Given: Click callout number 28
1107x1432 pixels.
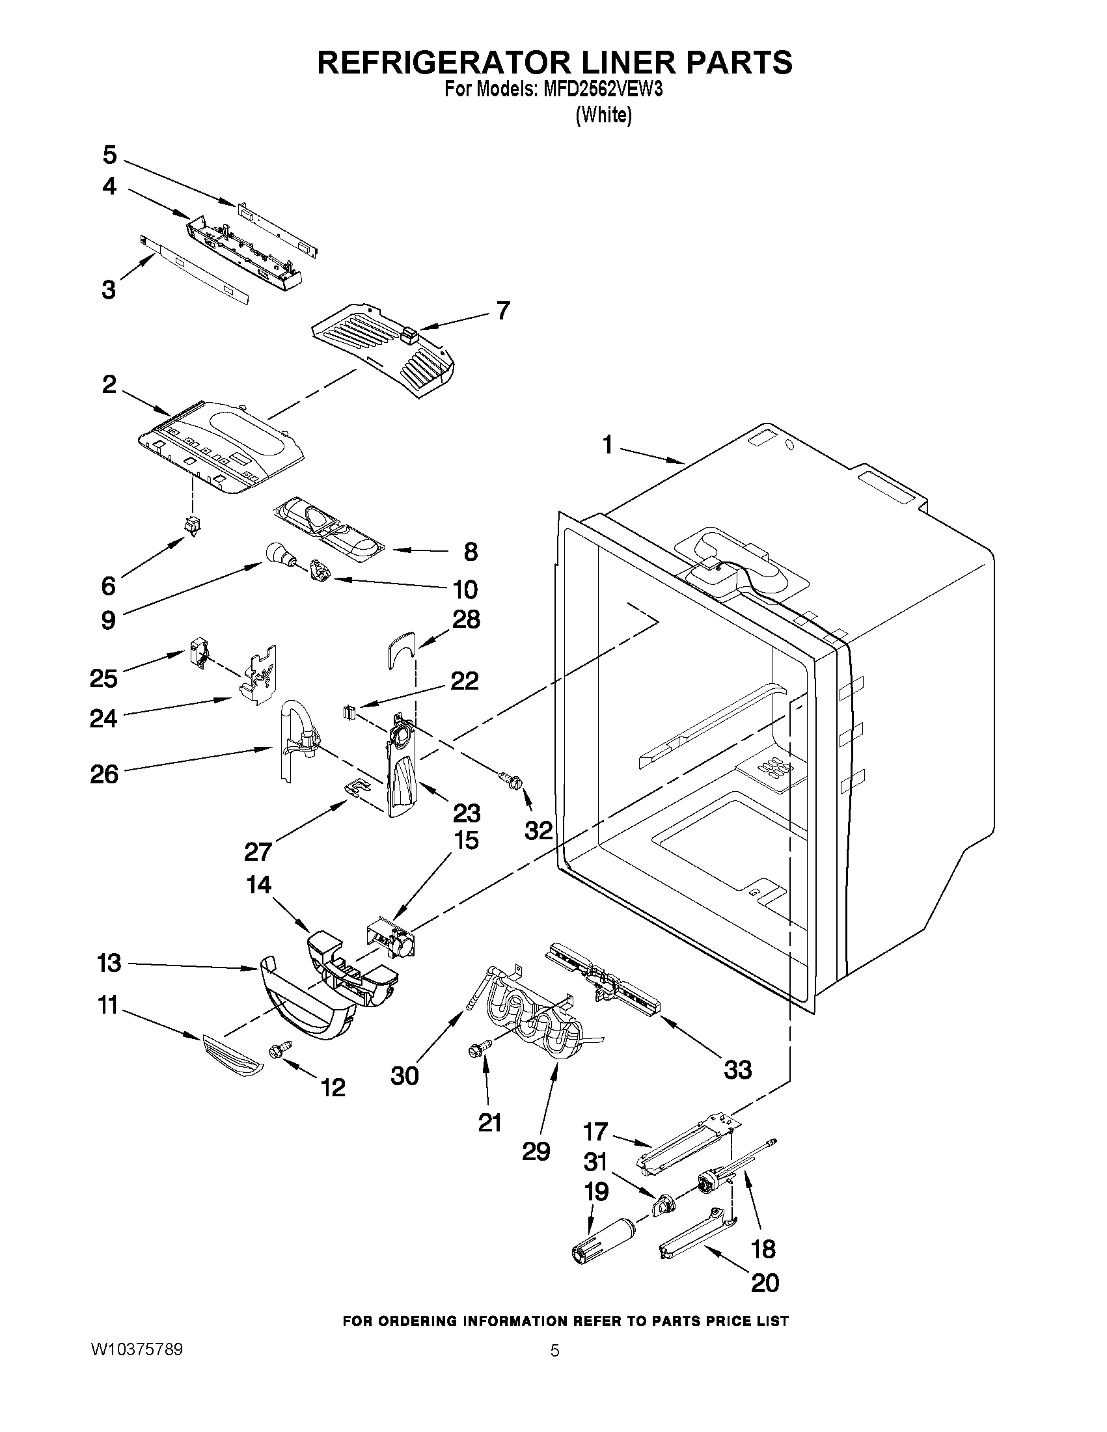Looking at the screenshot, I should (466, 619).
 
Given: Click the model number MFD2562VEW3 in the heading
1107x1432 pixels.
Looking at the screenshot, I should (602, 89).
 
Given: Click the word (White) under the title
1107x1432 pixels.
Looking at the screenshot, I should (603, 115).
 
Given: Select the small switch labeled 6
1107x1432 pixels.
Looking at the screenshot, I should (193, 526).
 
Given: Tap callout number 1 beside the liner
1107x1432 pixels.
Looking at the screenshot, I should (607, 446).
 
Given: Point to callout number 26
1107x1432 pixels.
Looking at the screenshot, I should (104, 774).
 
